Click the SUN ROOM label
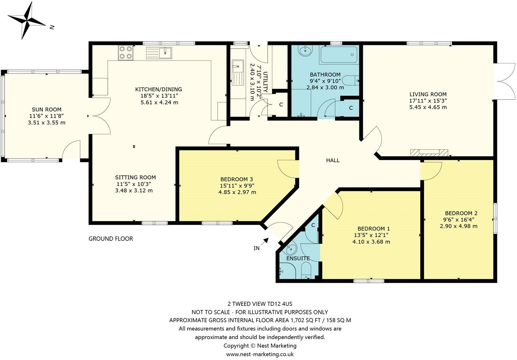(x=46, y=110)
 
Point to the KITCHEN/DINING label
(x=159, y=89)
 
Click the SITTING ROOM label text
(x=135, y=177)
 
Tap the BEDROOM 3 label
(x=237, y=179)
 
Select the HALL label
(x=333, y=160)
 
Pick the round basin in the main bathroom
(x=304, y=50)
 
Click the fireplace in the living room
(x=429, y=153)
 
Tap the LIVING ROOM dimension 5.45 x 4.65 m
(x=428, y=107)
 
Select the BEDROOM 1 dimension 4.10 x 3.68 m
(x=371, y=242)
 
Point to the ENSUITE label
(x=298, y=259)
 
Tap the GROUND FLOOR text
(x=111, y=239)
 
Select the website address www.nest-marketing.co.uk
(x=260, y=354)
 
